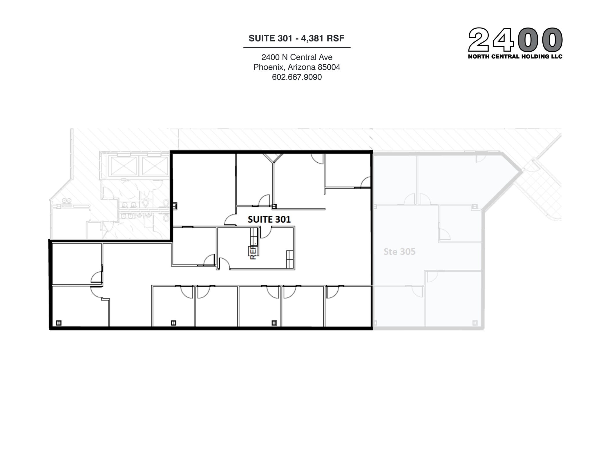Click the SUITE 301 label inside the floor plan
tap(269, 219)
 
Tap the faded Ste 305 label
tap(399, 252)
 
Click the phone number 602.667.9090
tap(297, 77)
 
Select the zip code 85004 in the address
tap(329, 67)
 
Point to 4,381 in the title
tap(312, 38)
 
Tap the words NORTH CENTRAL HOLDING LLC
tap(515, 57)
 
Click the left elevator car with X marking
tap(124, 166)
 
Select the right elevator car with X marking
tap(155, 166)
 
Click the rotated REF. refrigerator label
tap(253, 253)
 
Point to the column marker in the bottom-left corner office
tap(59, 323)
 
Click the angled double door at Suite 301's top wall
tap(273, 158)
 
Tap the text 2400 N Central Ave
tap(297, 57)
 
